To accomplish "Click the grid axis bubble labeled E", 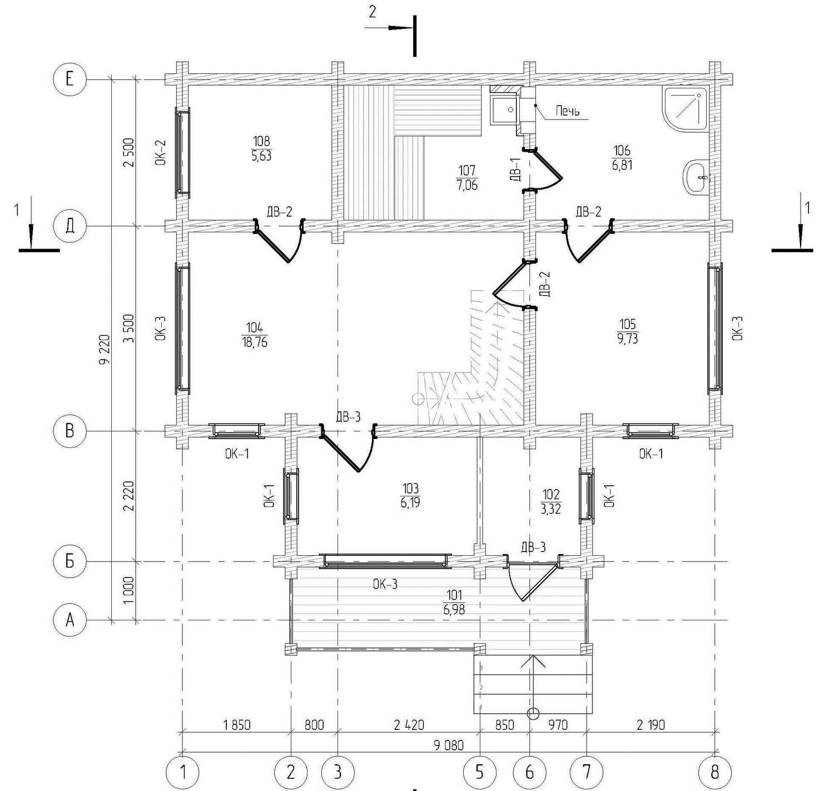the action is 69,79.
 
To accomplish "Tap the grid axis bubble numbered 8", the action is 715,772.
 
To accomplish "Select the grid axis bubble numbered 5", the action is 479,772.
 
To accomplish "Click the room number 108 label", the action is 261,141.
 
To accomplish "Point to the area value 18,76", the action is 255,342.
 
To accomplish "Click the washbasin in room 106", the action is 695,178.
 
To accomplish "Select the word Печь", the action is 568,111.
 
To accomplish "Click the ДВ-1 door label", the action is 514,169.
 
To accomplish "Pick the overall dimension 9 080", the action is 449,745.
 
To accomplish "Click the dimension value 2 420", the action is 409,724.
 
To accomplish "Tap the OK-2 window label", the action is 160,153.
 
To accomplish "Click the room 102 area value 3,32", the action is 550,509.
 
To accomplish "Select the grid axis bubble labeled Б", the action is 69,561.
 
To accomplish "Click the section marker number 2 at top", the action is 372,12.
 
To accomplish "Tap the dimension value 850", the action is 504,724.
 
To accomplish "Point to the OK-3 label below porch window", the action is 385,584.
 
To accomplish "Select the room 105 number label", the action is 627,324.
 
